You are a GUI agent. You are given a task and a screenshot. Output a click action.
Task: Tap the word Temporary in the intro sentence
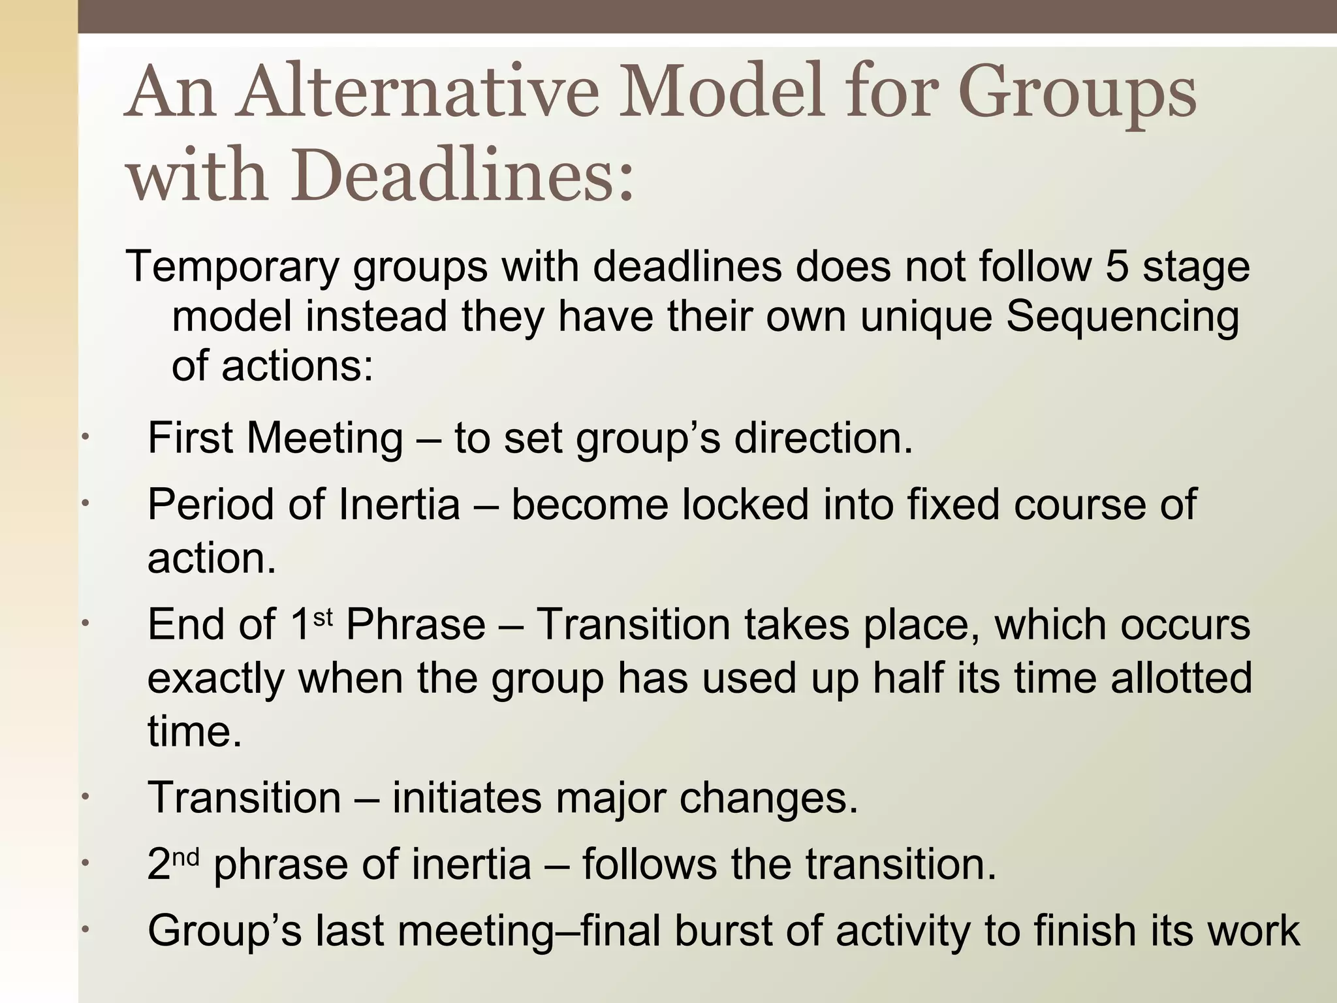pos(232,266)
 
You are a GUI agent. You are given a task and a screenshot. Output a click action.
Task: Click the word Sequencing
pos(1122,316)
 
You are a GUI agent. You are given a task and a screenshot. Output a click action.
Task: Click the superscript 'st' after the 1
pos(324,616)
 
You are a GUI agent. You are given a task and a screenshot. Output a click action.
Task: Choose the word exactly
pos(216,678)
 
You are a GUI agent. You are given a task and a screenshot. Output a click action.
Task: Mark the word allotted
pos(1182,677)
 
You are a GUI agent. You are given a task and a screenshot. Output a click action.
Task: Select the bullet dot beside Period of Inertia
pos(85,504)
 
